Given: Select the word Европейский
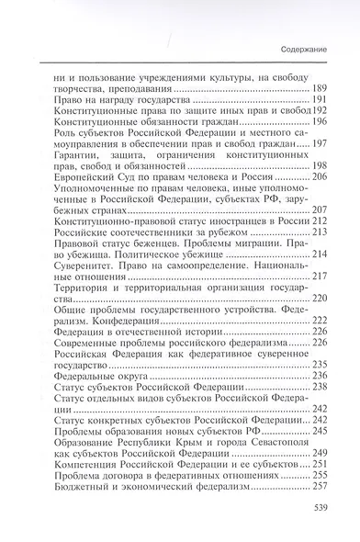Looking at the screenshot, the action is coord(88,178).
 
